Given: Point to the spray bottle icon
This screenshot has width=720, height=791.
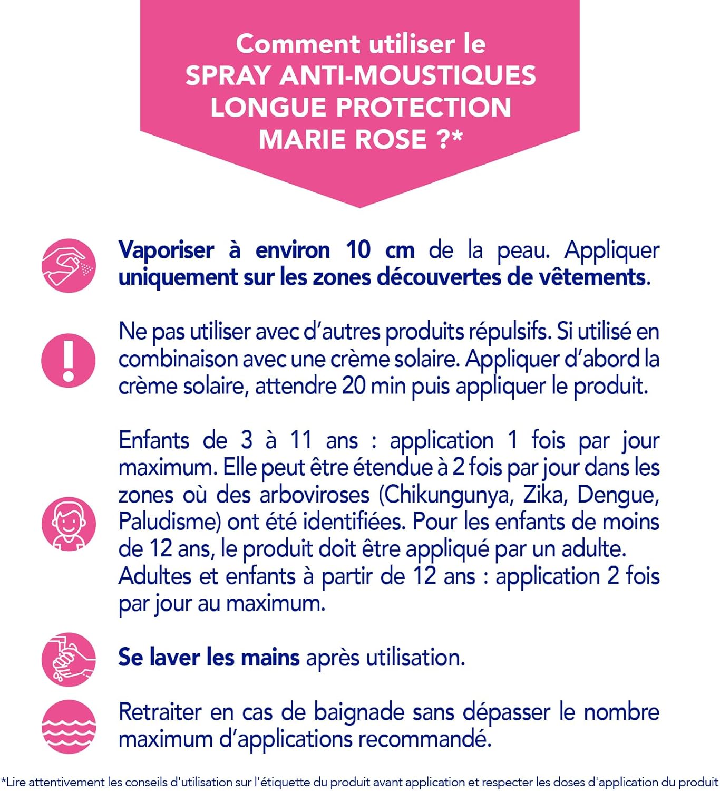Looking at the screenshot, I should pyautogui.click(x=69, y=265).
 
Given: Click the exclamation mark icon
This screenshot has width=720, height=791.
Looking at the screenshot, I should pyautogui.click(x=69, y=360).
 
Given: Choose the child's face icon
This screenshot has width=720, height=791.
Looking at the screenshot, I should pyautogui.click(x=69, y=524).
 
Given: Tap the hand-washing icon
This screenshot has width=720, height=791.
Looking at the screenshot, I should pyautogui.click(x=69, y=659).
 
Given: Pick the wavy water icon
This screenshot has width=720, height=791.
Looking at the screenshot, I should pyautogui.click(x=69, y=726).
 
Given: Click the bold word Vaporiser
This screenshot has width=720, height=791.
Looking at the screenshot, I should pyautogui.click(x=166, y=250).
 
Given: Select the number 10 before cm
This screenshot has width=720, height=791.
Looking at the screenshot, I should pyautogui.click(x=358, y=250).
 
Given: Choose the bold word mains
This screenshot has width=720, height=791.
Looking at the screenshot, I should pyautogui.click(x=270, y=658).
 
